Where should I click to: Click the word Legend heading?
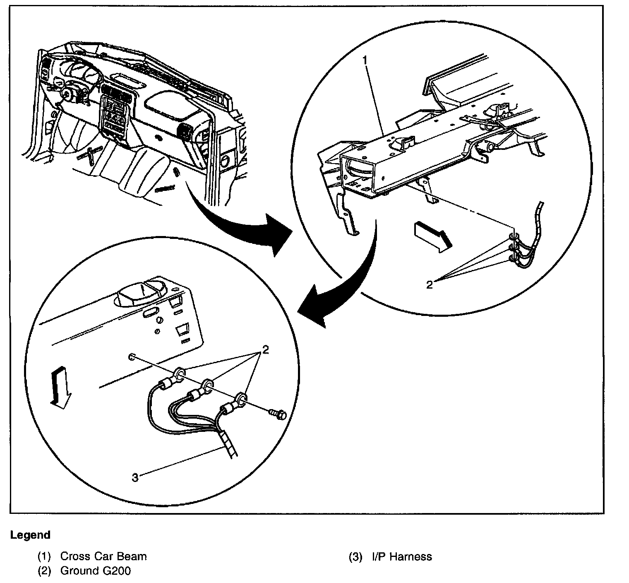point(30,535)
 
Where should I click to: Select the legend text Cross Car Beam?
point(103,556)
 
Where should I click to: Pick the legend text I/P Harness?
point(401,556)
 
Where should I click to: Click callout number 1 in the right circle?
point(365,60)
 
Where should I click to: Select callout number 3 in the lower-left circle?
point(135,477)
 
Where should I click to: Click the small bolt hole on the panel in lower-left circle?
point(131,357)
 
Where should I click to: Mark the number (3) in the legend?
point(355,556)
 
